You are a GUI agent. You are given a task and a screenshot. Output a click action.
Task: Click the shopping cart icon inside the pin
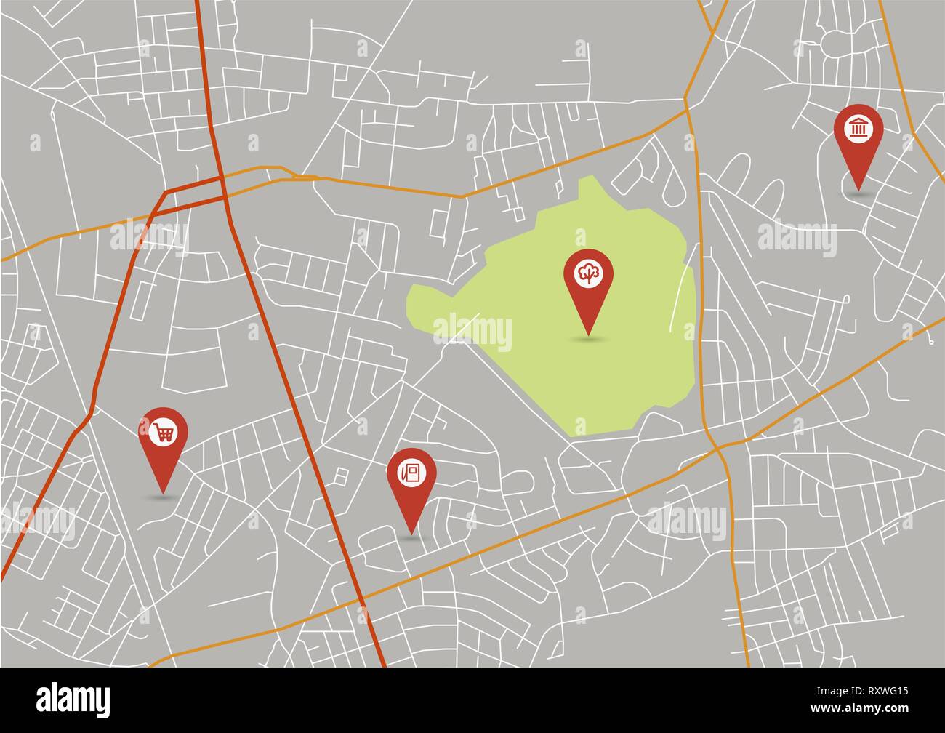point(164,432)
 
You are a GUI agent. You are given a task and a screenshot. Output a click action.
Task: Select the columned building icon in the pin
point(858,129)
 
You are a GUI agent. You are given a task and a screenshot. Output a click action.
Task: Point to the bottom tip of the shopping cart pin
point(163,492)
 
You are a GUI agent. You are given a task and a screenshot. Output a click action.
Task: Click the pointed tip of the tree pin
point(588,334)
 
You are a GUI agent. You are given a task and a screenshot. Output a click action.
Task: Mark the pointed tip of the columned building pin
point(858,188)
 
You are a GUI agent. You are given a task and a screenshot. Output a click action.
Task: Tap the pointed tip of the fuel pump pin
point(411,533)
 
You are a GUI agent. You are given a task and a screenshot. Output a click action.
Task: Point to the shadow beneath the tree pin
point(588,339)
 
